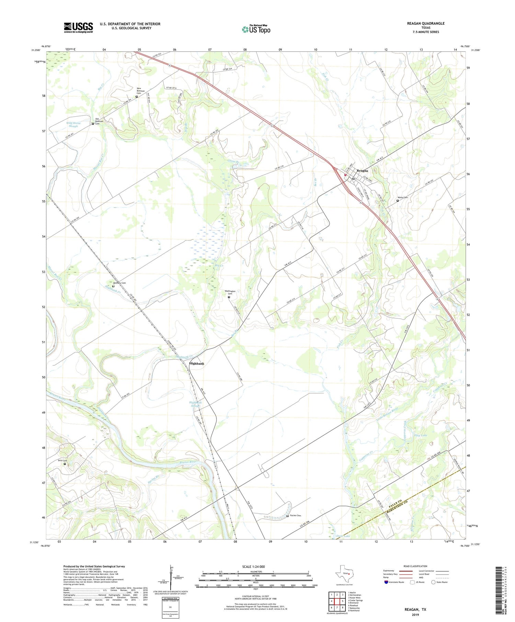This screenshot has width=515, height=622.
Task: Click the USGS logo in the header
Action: (78, 27)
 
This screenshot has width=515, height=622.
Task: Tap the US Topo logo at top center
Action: (256, 30)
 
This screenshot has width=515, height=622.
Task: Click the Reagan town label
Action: (362, 171)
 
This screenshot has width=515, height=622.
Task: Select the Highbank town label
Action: (196, 363)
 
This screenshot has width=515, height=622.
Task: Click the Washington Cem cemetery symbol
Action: (229, 297)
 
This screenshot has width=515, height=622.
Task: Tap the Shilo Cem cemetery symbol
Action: (65, 464)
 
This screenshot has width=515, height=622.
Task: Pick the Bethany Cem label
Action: (120, 283)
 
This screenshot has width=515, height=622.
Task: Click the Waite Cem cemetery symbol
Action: (398, 201)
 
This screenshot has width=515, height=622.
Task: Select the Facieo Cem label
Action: (296, 515)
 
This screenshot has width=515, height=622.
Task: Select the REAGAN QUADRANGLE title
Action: (423, 23)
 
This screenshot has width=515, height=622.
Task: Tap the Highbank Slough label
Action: (195, 404)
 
